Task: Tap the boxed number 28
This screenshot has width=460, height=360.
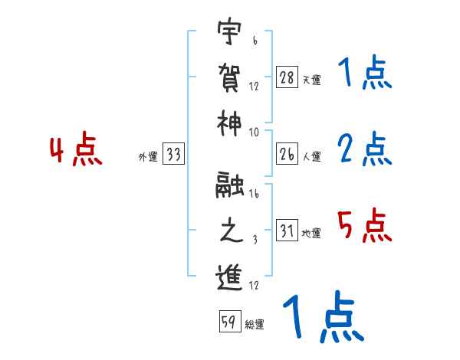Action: click(287, 77)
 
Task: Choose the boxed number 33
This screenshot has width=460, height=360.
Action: click(173, 155)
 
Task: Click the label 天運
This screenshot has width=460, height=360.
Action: click(311, 80)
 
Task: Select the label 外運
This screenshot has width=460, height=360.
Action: click(147, 157)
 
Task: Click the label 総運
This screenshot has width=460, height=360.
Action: click(255, 324)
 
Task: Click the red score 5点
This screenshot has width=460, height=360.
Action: click(364, 226)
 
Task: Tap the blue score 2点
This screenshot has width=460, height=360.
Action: click(364, 149)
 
